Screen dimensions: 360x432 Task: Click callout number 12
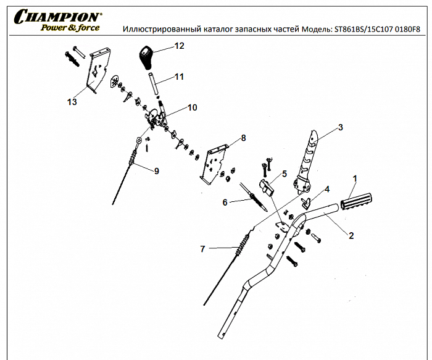(x=179, y=46)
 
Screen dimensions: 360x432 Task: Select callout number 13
(x=72, y=103)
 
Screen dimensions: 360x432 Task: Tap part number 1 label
(x=355, y=178)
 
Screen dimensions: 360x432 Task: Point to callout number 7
(x=202, y=249)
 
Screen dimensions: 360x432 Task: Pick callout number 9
(x=156, y=171)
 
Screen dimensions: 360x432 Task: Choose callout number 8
(x=243, y=138)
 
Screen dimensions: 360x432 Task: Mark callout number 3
(x=339, y=128)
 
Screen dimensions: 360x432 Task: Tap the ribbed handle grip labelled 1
(x=359, y=201)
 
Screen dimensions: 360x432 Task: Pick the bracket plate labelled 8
(x=215, y=162)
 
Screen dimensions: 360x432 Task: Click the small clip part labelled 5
(x=267, y=186)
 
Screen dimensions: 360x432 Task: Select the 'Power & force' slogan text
(x=69, y=27)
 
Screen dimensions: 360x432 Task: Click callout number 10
(x=192, y=107)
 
